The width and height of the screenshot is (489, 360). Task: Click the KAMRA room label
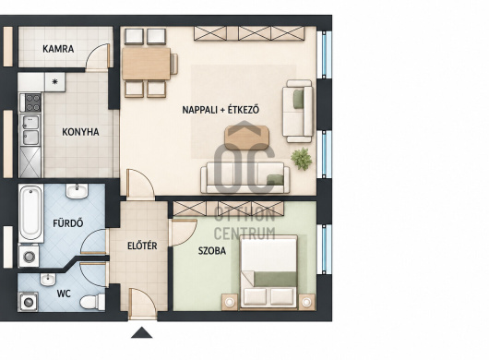coord(58,49)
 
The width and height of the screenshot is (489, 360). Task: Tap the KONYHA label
coord(80,132)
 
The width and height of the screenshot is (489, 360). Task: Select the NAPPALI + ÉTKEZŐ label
coord(221,110)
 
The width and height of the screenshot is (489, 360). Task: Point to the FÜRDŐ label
coord(68,223)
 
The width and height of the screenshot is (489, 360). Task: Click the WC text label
coord(64,294)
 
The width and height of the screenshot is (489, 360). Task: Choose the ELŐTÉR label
coord(142,246)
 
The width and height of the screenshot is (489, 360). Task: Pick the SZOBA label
coord(212,251)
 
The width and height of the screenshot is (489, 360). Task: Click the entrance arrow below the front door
coord(141,332)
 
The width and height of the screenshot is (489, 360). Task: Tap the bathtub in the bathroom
coord(30,213)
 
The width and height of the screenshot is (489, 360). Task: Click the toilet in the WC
coord(92,302)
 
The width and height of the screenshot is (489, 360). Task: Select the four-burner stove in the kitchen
coord(32,103)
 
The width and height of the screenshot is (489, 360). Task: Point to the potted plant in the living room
coord(302,159)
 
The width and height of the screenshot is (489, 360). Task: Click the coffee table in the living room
coord(246,138)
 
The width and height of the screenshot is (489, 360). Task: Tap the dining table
coord(146,64)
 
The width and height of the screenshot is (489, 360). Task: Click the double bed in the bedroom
coord(268,272)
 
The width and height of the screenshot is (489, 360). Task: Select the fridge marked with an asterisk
coord(54,82)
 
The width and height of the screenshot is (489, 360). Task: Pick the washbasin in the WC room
coord(48,279)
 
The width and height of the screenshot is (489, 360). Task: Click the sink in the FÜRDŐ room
coord(77,190)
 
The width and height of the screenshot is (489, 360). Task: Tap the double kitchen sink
coord(30,130)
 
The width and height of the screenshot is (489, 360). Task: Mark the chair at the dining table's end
coord(174,64)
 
